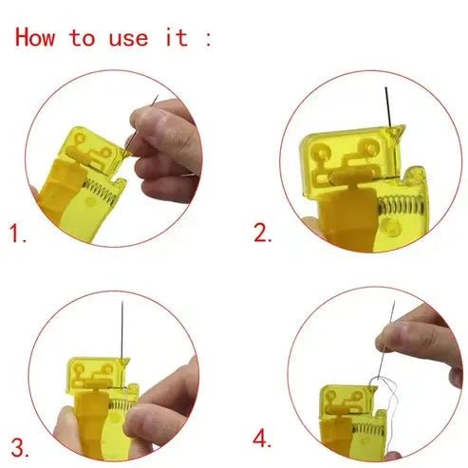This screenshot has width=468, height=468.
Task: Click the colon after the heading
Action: [208, 40]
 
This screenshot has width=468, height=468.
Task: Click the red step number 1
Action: [18, 233]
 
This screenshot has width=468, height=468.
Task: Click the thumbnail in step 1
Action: [142, 124]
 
